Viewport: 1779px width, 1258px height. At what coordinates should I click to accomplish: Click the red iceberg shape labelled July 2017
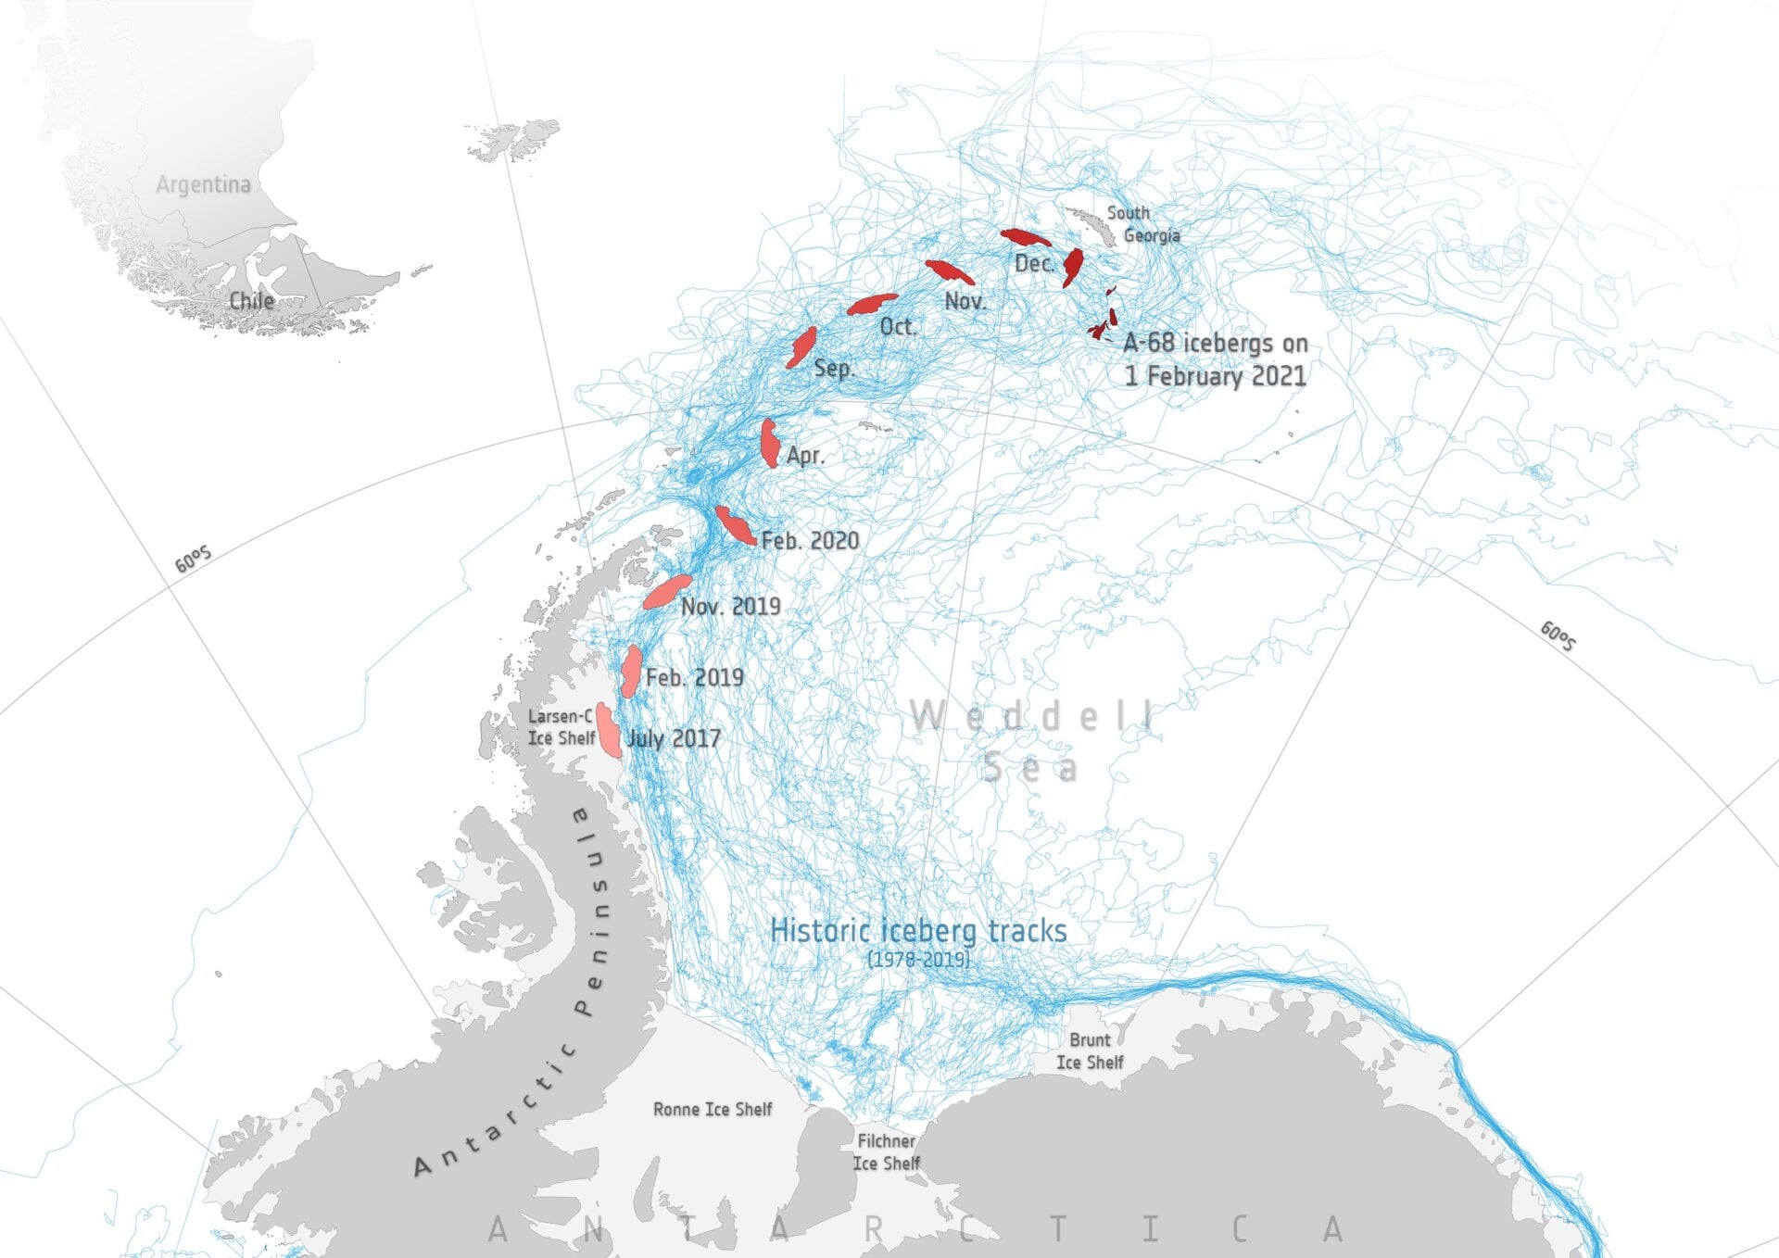608,731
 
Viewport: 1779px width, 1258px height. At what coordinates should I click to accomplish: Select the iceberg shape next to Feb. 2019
631,671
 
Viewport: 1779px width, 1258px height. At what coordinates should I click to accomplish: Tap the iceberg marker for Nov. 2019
667,591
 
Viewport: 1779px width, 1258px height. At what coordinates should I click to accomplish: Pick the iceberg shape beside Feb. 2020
736,526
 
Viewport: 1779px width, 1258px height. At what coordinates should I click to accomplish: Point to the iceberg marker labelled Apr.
769,444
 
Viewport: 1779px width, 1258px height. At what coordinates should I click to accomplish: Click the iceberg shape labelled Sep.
801,347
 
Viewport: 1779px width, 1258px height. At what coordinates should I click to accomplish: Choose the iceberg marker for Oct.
872,304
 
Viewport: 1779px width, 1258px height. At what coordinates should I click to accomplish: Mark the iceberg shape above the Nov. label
950,271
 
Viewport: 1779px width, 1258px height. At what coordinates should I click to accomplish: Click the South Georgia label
1142,224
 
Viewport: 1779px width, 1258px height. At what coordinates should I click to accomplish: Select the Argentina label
203,184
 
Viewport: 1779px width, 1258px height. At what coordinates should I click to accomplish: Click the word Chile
251,300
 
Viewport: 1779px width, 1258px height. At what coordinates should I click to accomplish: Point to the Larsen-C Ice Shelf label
561,727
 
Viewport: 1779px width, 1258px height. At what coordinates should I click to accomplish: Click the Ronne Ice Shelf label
712,1109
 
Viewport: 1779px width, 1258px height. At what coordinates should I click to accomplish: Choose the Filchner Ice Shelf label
886,1151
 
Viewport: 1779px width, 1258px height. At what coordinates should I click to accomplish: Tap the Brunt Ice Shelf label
1090,1050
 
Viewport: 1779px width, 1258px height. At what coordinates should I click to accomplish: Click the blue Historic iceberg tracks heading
917,930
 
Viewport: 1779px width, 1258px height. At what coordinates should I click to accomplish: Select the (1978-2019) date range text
918,959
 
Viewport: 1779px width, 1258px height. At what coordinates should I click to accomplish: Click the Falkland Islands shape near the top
514,139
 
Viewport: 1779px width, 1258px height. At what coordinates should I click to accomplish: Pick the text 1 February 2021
1215,376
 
